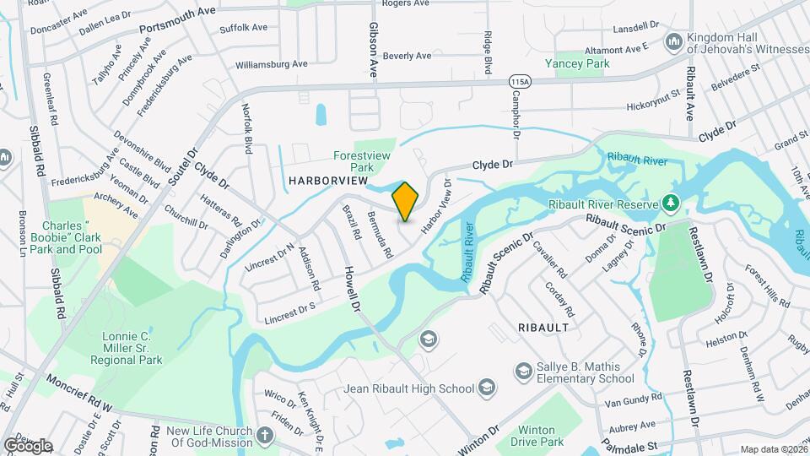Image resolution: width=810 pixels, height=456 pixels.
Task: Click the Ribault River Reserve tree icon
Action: [x=670, y=203]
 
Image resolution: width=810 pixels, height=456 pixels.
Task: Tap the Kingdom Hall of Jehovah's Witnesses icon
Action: [x=673, y=41]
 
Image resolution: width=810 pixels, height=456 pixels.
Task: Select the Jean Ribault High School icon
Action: [x=486, y=388]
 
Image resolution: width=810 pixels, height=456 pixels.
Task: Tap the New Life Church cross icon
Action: [x=265, y=437]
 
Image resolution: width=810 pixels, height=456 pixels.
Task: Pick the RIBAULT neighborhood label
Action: [x=543, y=326]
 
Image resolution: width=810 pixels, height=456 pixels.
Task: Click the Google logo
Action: [x=28, y=446]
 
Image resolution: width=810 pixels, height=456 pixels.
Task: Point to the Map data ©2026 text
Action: [x=773, y=449]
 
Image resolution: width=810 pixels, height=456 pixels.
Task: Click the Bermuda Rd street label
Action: [x=379, y=231]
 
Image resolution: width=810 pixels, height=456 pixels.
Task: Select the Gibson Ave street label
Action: [x=372, y=51]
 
